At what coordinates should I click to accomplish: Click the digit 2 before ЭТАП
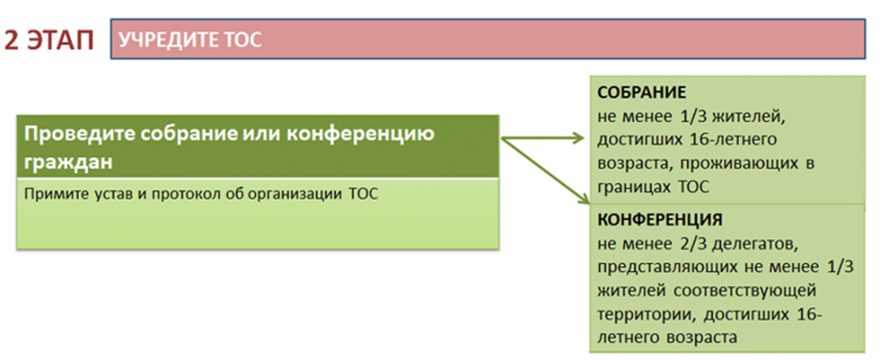(x=13, y=41)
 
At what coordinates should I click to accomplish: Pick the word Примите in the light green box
(x=48, y=195)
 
